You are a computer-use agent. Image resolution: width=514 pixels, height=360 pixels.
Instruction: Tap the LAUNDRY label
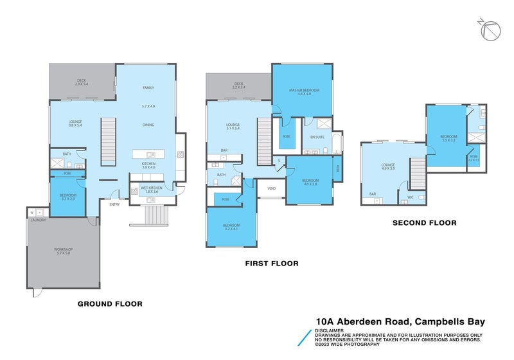[x=38, y=220]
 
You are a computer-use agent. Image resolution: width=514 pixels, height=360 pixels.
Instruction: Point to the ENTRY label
[x=114, y=204]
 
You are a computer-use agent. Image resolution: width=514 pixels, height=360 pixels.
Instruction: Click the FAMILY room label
[x=148, y=87]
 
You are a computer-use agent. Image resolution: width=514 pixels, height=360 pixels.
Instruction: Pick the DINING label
[x=148, y=125]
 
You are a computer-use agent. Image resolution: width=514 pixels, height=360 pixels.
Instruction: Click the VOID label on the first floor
[x=272, y=188]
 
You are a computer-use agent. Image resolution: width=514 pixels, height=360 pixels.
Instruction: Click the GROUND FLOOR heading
[x=110, y=303]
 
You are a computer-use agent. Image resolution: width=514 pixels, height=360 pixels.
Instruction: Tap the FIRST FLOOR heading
[x=272, y=263]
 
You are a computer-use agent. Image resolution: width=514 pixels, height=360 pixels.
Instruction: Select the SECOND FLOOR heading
[x=425, y=222]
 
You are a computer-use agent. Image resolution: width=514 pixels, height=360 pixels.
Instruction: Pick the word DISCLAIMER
[x=329, y=330]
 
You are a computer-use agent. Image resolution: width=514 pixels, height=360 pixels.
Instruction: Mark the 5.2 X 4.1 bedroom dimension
[x=231, y=230]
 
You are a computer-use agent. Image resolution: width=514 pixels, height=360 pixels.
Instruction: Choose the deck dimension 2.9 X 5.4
[x=81, y=84]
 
